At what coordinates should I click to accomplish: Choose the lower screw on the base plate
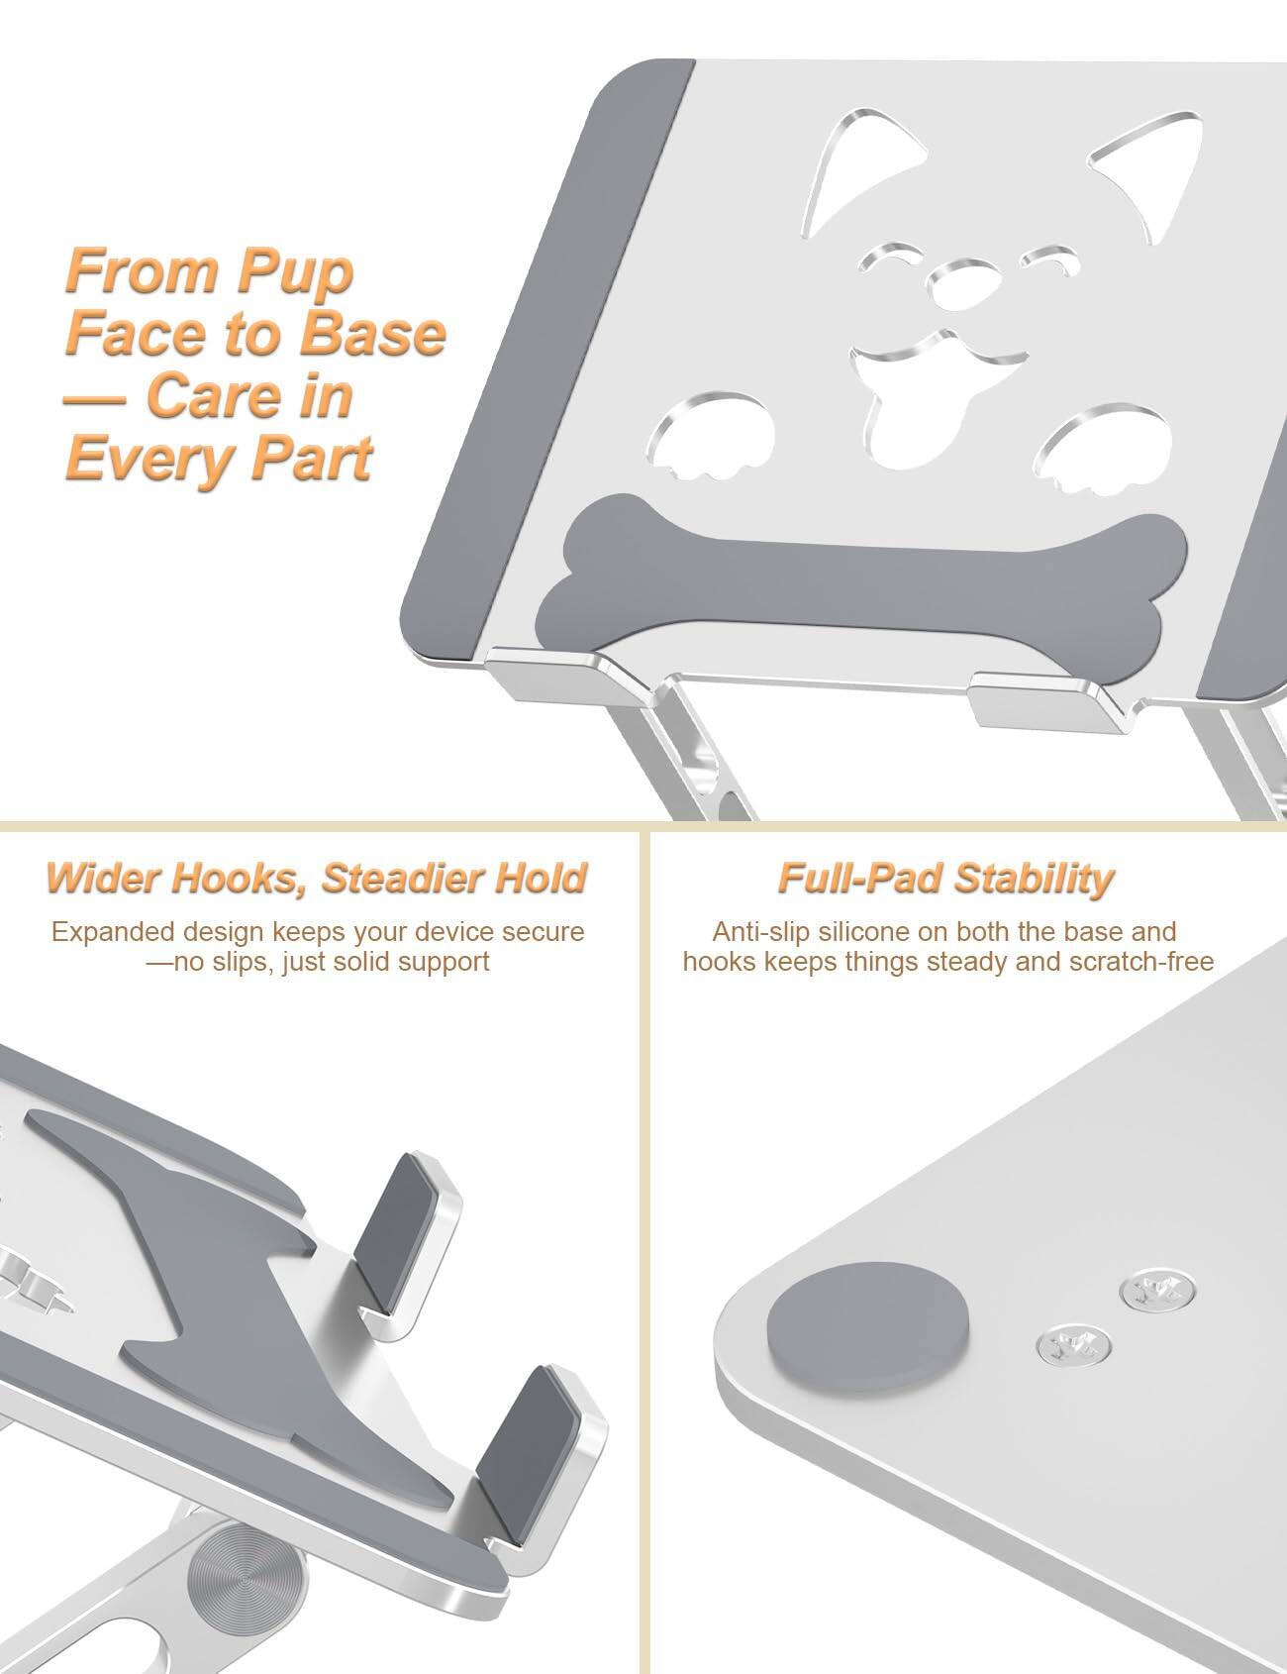(x=1072, y=1345)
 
